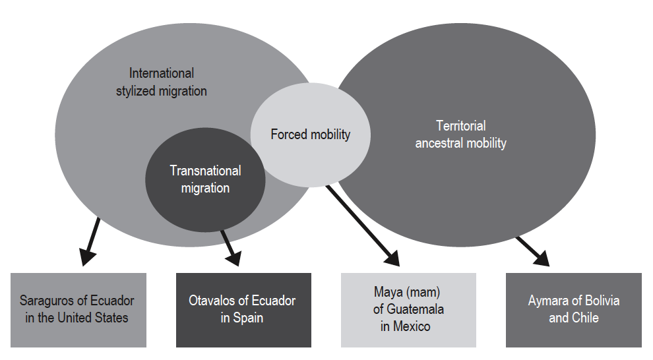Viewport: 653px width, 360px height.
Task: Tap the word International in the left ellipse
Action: (162, 73)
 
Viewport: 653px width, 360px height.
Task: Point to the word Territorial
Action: (460, 125)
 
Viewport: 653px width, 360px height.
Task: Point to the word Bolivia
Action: (602, 301)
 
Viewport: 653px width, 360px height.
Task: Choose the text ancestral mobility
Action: (460, 142)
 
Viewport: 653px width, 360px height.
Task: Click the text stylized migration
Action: (162, 91)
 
